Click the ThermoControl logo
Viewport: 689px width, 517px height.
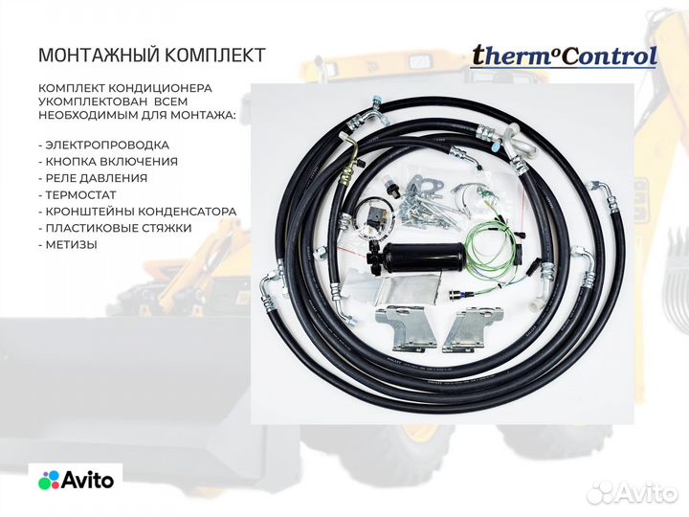pos(564,56)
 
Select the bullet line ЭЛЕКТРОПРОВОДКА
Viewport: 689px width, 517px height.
pos(100,145)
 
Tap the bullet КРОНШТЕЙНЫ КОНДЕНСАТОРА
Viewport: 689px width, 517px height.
pos(138,211)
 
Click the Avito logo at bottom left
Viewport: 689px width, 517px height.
pos(77,480)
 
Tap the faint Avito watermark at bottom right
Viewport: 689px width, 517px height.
pos(633,493)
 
